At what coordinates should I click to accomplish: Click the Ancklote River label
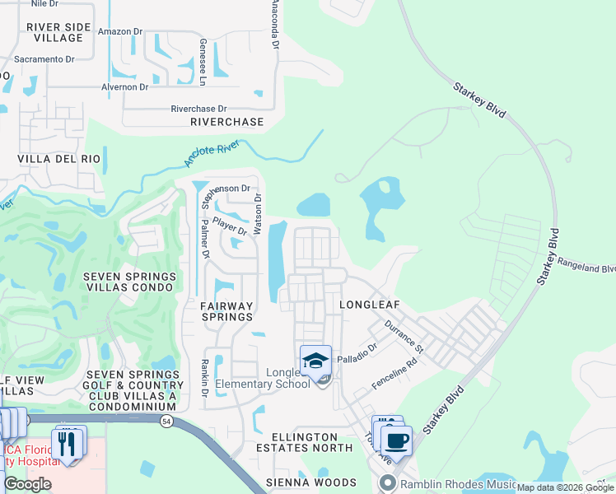click(212, 153)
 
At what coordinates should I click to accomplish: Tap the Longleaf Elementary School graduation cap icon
click(315, 361)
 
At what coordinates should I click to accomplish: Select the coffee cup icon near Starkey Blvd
click(396, 440)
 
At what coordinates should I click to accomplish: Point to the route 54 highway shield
click(168, 421)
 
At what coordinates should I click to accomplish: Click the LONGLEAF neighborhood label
click(369, 305)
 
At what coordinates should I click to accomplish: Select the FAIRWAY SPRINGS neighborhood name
click(215, 311)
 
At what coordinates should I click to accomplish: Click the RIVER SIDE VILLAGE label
click(55, 32)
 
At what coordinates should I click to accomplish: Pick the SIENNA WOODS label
click(311, 482)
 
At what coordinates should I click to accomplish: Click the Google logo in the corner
click(27, 484)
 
